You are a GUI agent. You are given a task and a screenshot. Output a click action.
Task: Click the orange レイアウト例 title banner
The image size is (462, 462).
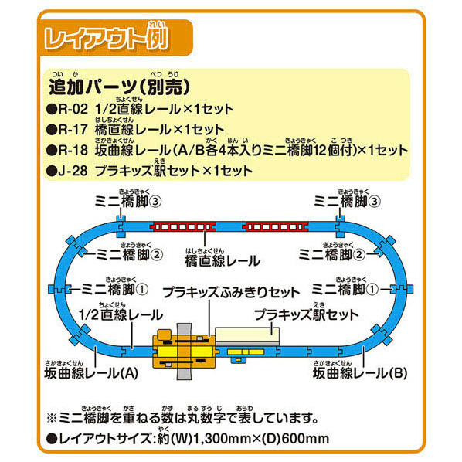[x=117, y=38]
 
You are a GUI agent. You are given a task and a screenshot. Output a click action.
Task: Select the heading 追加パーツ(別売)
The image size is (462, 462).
[x=119, y=87]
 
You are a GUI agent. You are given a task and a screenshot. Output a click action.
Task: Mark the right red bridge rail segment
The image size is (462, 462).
[x=275, y=227]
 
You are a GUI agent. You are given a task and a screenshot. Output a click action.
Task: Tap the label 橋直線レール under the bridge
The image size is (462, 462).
[x=223, y=261]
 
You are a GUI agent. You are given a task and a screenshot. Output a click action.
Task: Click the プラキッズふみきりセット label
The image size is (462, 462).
[x=231, y=292]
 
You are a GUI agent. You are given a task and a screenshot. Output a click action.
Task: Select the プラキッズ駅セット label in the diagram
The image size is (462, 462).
[x=307, y=314]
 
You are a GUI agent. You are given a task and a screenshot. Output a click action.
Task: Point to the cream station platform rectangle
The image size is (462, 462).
[x=247, y=336]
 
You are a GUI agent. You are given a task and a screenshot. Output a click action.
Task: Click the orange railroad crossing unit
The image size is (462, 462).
[x=185, y=352]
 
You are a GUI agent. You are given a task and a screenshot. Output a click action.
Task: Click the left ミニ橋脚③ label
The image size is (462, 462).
[x=128, y=202]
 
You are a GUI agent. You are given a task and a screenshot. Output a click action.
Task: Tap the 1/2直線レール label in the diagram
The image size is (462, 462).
[x=121, y=315]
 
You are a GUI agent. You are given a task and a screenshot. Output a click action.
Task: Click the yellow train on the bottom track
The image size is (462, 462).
[x=246, y=352]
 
